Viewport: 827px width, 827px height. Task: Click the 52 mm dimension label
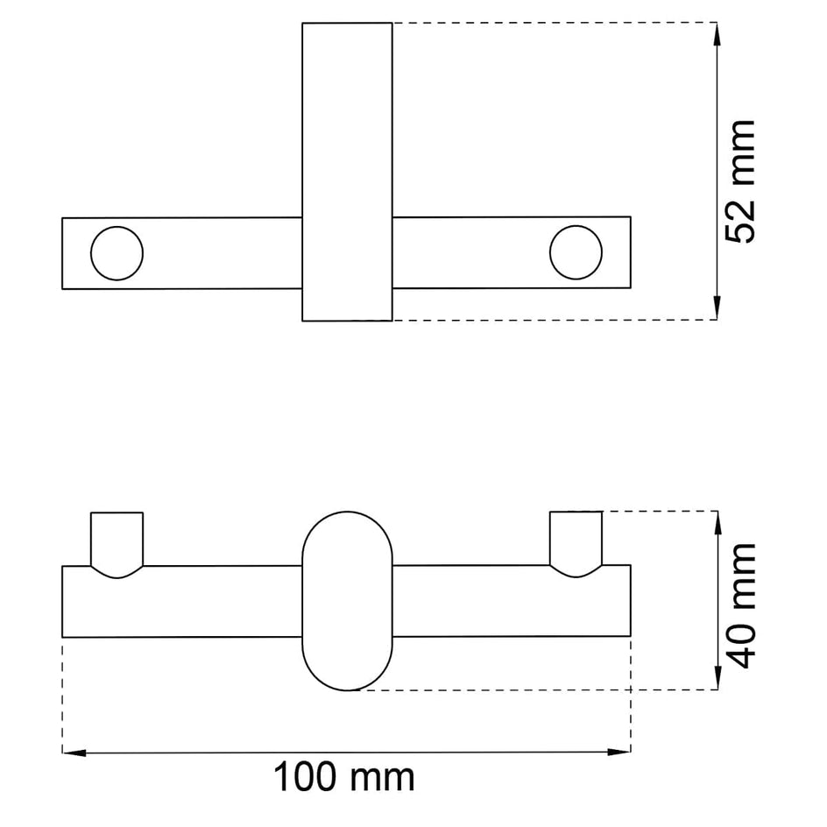740,182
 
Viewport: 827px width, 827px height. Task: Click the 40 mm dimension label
740,605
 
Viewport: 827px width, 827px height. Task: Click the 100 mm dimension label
344,777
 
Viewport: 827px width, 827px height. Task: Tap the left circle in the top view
117,253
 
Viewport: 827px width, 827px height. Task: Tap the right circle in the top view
576,252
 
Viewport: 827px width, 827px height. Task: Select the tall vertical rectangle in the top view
347,172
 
